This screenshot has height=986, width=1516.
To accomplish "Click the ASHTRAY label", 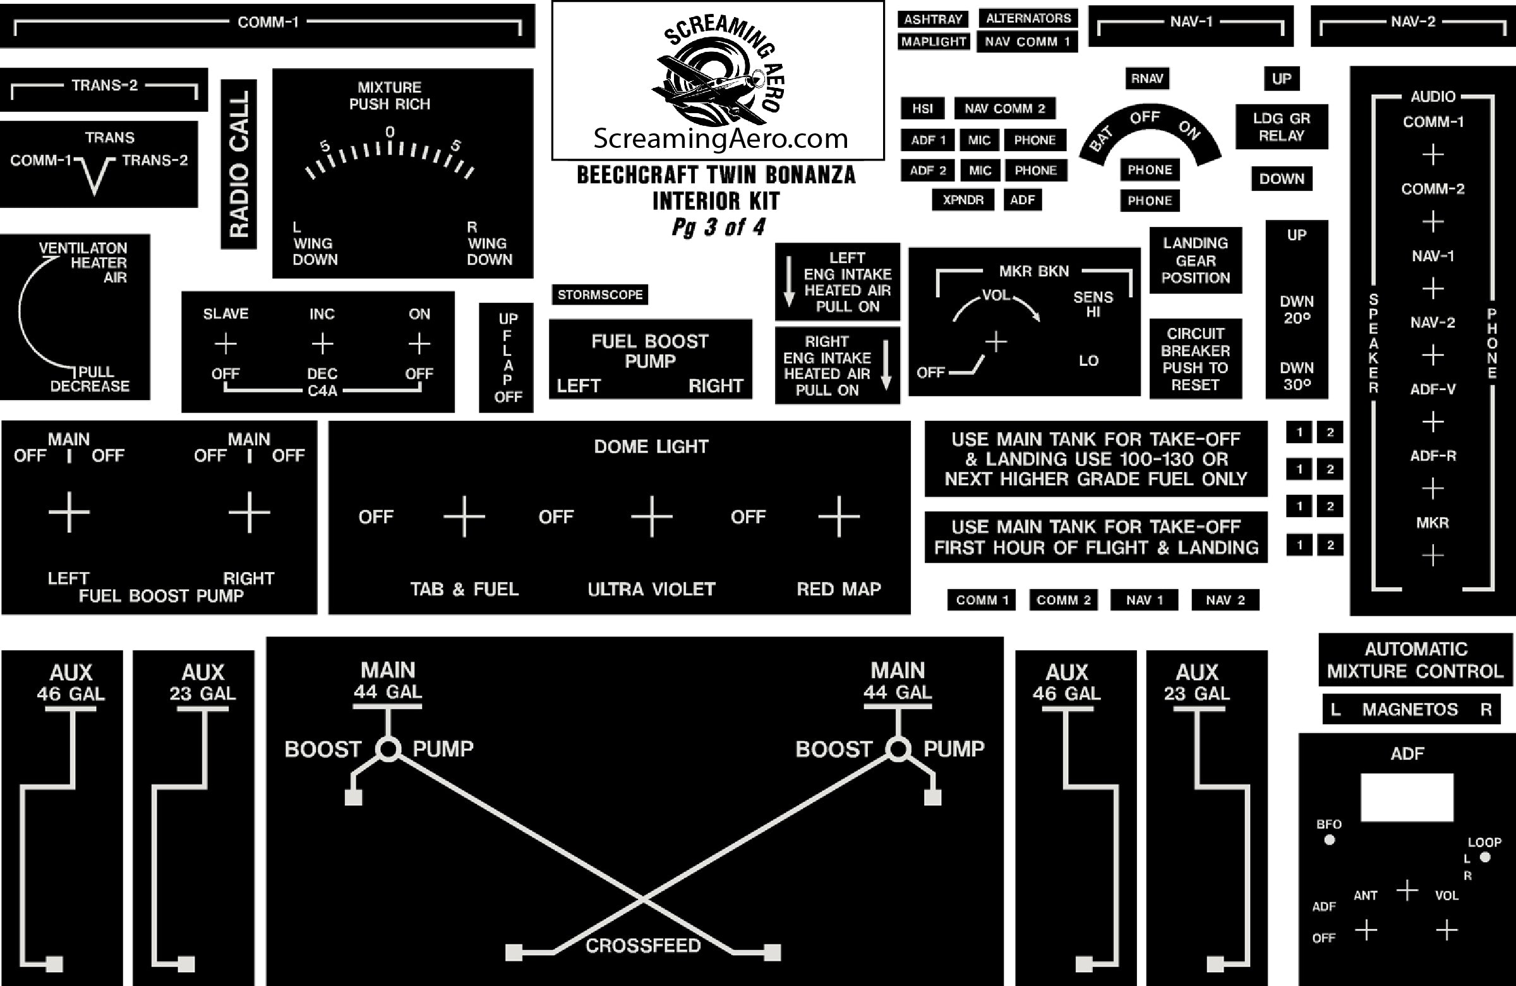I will click(x=932, y=19).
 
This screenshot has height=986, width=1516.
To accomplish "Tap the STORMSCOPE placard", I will click(x=599, y=295).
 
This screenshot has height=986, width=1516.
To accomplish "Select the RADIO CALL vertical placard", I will click(x=239, y=164).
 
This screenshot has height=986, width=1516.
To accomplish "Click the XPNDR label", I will click(x=963, y=200).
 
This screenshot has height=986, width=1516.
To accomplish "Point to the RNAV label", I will click(x=1146, y=78).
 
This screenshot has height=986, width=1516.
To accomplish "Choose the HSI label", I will click(x=922, y=108).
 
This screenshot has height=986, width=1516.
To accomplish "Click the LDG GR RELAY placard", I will click(x=1281, y=127).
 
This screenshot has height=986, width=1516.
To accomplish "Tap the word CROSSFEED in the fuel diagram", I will click(x=642, y=945).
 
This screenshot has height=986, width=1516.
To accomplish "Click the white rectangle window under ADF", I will click(x=1407, y=798).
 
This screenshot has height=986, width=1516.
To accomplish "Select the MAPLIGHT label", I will click(x=933, y=42).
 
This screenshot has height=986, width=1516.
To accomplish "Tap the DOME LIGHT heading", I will click(x=651, y=446).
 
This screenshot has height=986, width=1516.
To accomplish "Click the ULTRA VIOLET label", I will click(x=651, y=589).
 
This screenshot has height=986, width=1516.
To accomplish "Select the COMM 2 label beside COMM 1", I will click(x=1063, y=600).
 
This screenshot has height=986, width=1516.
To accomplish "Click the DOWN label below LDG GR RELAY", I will click(x=1281, y=179).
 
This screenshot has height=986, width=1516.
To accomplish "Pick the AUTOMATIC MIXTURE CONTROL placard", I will click(x=1415, y=660).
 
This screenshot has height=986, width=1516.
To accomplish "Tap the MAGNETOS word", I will click(x=1410, y=709).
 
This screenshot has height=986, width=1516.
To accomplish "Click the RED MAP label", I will click(x=838, y=589).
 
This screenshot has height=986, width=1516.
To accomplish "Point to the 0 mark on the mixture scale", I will click(x=390, y=132).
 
